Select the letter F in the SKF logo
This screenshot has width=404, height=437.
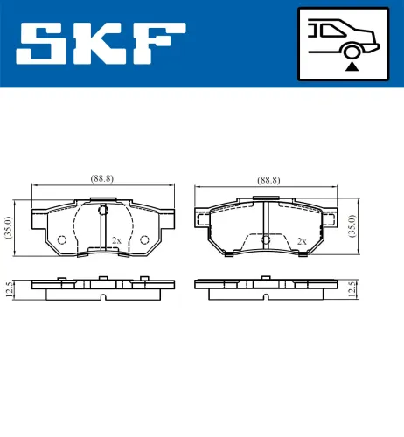[x=157, y=43]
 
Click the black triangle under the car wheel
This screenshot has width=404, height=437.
[x=352, y=66]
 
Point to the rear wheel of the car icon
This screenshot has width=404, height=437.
[x=352, y=51]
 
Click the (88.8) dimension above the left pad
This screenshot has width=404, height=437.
[x=103, y=179]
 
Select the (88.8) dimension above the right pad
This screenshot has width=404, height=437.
[x=268, y=179]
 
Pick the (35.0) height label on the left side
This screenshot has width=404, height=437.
[x=8, y=226]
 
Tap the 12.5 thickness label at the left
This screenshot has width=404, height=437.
[x=8, y=288]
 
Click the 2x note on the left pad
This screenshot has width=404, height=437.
[x=115, y=239]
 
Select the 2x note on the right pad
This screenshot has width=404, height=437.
[x=302, y=240]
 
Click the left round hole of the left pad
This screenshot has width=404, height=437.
[x=60, y=240]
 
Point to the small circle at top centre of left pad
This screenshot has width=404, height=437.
[x=102, y=210]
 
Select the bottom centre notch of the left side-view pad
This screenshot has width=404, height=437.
[x=102, y=295]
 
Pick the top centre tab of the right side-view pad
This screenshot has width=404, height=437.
[x=266, y=278]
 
